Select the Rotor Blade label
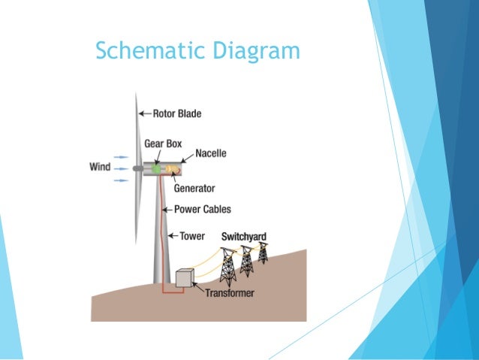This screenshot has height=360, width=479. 177,114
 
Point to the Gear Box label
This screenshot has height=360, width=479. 162,143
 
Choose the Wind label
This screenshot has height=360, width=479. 100,166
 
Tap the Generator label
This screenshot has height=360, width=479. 194,188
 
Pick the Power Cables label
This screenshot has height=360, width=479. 202,210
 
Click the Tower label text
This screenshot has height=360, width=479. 191,236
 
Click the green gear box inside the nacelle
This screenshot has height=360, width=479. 156,170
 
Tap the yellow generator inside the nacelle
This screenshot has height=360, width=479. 170,170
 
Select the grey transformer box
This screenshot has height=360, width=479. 184,278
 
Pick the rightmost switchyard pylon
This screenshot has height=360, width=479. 263,253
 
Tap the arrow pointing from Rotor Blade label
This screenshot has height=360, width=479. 144,114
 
